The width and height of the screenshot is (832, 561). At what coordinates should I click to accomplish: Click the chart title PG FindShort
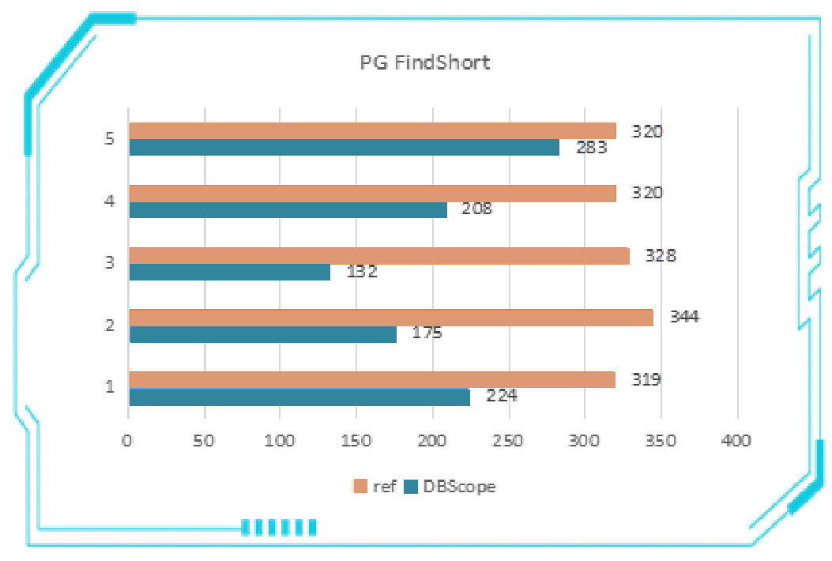click(425, 62)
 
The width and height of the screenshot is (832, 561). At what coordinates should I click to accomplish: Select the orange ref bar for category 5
click(372, 131)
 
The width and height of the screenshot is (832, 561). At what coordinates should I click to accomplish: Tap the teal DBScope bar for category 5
click(344, 148)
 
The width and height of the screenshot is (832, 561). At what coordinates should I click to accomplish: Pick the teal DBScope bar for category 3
click(229, 272)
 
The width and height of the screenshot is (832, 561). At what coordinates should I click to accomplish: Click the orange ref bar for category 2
click(390, 318)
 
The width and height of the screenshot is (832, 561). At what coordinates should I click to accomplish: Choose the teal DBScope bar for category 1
click(299, 397)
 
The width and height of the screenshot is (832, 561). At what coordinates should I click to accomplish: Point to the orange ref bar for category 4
click(372, 194)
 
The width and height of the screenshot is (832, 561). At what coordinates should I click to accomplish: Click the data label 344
click(684, 318)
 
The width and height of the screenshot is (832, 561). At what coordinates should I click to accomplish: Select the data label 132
click(362, 272)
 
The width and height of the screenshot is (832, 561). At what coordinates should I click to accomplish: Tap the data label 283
click(591, 147)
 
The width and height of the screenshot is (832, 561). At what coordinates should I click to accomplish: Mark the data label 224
click(501, 396)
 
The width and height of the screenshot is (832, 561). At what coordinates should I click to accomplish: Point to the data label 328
click(661, 255)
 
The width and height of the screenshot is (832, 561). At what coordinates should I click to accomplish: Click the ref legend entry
click(375, 487)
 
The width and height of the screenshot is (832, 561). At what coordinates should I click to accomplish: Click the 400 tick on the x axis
click(737, 441)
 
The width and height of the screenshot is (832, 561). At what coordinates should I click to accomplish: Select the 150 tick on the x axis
click(356, 441)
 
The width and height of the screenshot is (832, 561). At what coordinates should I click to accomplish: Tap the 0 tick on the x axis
click(128, 441)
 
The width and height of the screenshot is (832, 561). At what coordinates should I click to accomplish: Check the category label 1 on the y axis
click(109, 387)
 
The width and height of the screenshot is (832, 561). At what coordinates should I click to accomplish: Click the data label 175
click(427, 333)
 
